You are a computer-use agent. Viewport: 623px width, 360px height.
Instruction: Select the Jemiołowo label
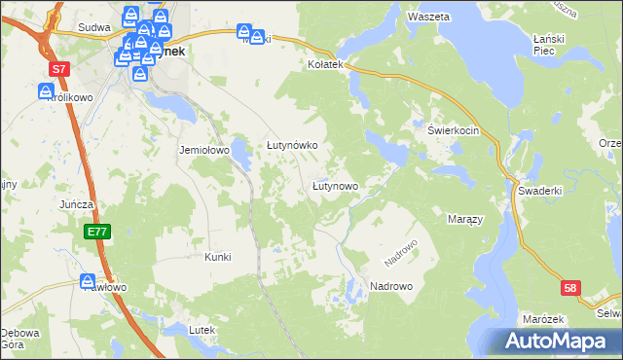click(x=202, y=151)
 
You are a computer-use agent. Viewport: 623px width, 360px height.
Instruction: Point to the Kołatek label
click(x=326, y=64)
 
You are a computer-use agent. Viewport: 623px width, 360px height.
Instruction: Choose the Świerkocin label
click(x=454, y=130)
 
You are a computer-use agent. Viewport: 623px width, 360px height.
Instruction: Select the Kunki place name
click(x=217, y=257)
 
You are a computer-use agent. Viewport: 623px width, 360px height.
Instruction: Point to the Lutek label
click(x=202, y=330)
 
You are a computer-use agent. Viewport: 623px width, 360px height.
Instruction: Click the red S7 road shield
click(x=60, y=69)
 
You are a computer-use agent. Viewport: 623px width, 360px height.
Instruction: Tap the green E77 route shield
click(x=95, y=232)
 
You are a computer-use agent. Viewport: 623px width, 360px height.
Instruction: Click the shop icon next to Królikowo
click(x=47, y=92)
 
